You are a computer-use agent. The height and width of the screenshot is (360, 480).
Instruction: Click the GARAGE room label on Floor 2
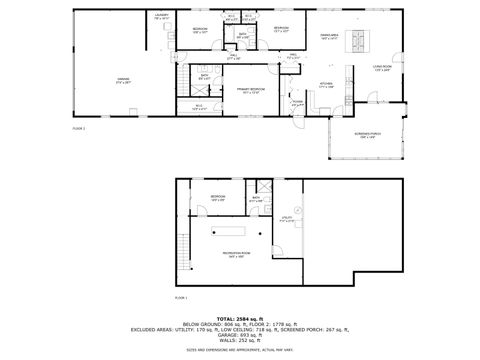[x=123, y=79]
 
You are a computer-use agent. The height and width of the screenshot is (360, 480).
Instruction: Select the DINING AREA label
[x=329, y=36]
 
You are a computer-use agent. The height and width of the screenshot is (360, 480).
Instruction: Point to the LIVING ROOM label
[x=382, y=68]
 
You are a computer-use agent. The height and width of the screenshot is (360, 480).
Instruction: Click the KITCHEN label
[x=325, y=84]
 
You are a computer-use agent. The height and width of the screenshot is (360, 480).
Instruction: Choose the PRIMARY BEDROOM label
[x=250, y=91]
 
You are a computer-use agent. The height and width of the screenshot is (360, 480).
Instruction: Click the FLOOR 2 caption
[x=79, y=129]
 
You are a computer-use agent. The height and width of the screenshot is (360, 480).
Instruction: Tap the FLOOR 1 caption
[x=181, y=298]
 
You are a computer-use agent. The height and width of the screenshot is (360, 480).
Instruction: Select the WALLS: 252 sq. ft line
[x=240, y=340]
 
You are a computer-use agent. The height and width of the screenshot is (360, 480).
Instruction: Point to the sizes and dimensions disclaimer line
[x=240, y=350]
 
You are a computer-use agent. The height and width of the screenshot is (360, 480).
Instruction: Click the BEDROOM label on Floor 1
[x=218, y=197]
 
